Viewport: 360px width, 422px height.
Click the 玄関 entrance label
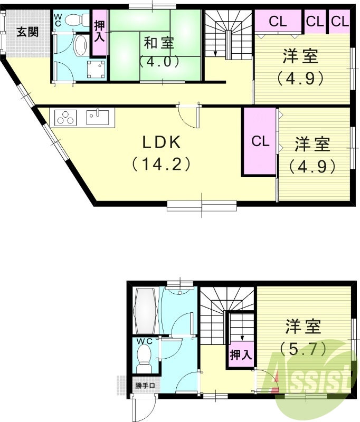[x=27, y=32]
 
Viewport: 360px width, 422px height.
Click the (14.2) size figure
[x=160, y=164]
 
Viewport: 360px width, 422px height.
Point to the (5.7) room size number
[x=304, y=348]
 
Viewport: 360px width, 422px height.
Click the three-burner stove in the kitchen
[x=65, y=117]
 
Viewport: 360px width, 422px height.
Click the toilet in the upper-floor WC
[x=79, y=20]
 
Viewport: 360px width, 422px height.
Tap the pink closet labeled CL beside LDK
[x=259, y=141]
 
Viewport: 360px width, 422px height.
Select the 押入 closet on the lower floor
[x=241, y=354]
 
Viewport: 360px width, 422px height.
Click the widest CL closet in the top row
[x=278, y=22]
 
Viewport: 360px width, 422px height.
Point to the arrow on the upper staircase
[x=216, y=52]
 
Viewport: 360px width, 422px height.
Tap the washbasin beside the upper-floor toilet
[x=81, y=46]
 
